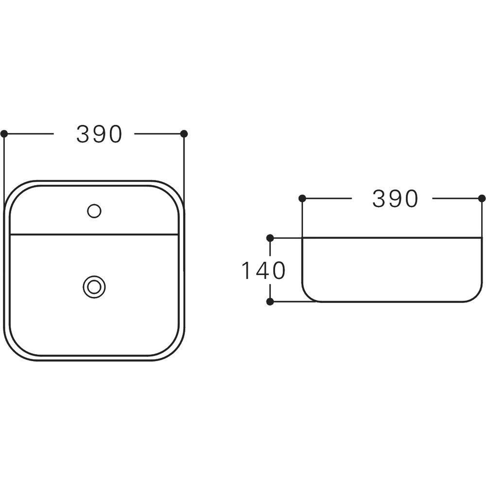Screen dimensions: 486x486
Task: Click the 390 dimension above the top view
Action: click(x=99, y=134)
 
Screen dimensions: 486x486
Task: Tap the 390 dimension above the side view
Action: click(x=395, y=199)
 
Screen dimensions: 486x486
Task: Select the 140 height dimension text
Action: click(x=263, y=271)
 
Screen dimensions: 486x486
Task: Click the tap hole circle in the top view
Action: click(x=94, y=211)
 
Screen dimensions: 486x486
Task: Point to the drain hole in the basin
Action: click(x=94, y=287)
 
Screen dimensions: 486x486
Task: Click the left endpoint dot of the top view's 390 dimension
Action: click(x=4, y=134)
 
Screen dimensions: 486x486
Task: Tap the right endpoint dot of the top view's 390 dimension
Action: click(x=184, y=134)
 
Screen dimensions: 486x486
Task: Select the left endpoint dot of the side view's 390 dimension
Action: click(x=302, y=198)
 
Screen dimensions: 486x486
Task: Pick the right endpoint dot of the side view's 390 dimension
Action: click(x=482, y=198)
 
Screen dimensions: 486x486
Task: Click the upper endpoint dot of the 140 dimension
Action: click(x=270, y=238)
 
